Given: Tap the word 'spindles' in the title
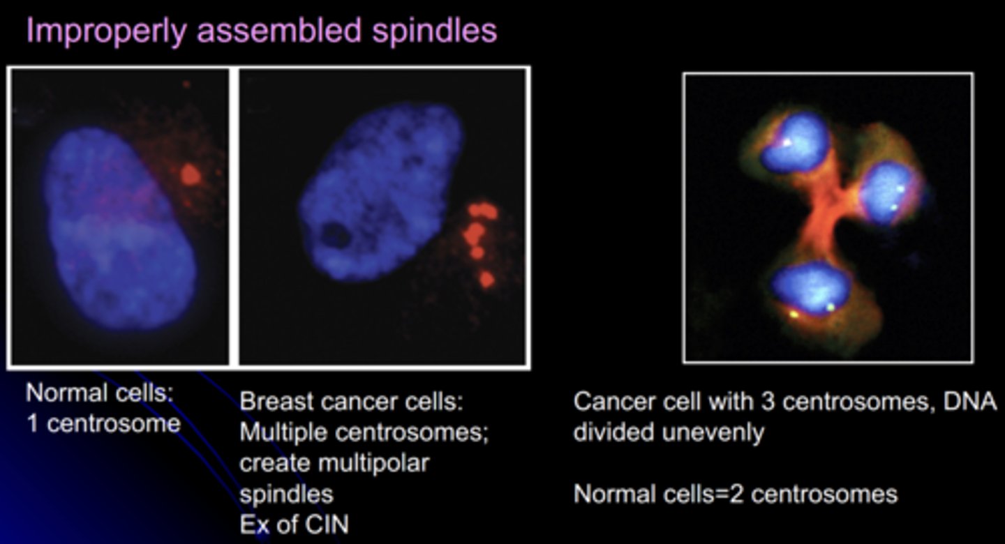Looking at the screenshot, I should (438, 31).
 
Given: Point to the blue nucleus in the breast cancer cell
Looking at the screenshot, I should (380, 192).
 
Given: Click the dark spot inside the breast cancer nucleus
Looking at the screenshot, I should (335, 236).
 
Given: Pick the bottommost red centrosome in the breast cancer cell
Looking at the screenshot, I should (486, 280).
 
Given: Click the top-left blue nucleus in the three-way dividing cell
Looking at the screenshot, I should (794, 143).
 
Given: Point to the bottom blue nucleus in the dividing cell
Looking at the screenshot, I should (811, 287).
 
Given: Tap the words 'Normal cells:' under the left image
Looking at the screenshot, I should (99, 393).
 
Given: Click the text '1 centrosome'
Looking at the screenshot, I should (103, 423).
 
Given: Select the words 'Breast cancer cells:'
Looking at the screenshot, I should (352, 402).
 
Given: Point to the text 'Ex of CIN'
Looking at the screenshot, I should (294, 523).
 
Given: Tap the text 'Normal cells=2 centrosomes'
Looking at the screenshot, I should (735, 494).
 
